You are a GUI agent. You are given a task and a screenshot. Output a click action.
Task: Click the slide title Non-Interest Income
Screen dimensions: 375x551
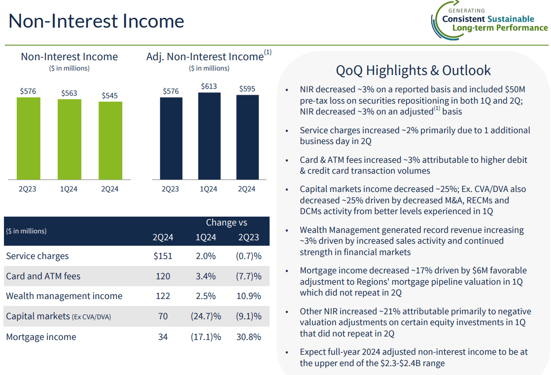click(97, 21)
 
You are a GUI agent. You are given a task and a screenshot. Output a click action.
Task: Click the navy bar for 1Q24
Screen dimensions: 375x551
click(208, 136)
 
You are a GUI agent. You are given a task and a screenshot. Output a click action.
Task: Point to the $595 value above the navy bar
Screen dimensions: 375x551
click(247, 89)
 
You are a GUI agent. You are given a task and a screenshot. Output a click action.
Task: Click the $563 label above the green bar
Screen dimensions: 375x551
click(69, 93)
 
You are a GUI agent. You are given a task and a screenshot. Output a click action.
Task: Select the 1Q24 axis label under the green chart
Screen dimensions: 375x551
click(69, 189)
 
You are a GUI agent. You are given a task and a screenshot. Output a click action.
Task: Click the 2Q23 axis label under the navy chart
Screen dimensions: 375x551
click(170, 189)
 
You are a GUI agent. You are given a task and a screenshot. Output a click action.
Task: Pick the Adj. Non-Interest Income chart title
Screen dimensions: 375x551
click(205, 57)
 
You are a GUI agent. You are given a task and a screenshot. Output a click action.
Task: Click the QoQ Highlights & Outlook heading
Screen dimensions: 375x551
click(413, 71)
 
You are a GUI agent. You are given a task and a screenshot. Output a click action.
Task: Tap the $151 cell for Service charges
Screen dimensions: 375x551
click(163, 256)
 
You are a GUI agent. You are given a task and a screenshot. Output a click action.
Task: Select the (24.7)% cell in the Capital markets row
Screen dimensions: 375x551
click(206, 316)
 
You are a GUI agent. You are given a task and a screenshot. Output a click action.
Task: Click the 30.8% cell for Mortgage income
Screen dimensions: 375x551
click(249, 337)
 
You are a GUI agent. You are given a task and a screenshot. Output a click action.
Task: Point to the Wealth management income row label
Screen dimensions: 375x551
click(64, 296)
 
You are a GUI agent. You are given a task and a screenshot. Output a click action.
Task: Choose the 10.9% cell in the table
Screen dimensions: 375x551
click(249, 296)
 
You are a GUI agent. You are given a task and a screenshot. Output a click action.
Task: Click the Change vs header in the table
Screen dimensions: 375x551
click(226, 223)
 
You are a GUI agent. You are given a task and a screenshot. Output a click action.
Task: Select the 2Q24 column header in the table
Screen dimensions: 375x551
click(163, 237)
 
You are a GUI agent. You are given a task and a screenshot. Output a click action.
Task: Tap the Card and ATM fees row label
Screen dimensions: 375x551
click(43, 276)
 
